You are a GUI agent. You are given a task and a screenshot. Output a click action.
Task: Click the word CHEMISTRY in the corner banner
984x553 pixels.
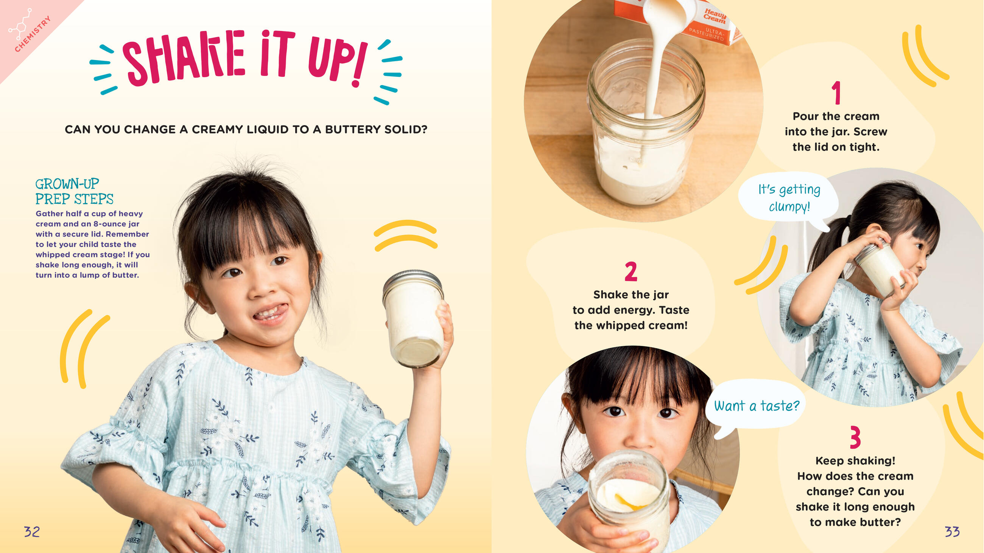pyautogui.click(x=33, y=34)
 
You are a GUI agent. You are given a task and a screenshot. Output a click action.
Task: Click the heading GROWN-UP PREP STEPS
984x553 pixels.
pyautogui.click(x=75, y=192)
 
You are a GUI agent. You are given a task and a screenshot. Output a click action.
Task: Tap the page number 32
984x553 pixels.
pyautogui.click(x=32, y=531)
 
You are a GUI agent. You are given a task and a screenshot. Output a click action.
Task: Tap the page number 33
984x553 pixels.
pyautogui.click(x=952, y=531)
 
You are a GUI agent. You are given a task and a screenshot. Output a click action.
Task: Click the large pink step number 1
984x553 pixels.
pyautogui.click(x=836, y=92)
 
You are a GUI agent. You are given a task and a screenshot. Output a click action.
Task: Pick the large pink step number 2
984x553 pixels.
pyautogui.click(x=631, y=272)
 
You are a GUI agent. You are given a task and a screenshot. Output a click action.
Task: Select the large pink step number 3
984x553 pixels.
pyautogui.click(x=855, y=437)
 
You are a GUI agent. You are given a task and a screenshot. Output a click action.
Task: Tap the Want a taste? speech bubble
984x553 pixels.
pyautogui.click(x=756, y=406)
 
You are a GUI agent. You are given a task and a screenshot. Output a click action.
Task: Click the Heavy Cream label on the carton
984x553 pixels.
pyautogui.click(x=715, y=16)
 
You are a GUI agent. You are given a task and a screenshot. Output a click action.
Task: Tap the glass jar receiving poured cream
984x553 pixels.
pyautogui.click(x=646, y=122)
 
